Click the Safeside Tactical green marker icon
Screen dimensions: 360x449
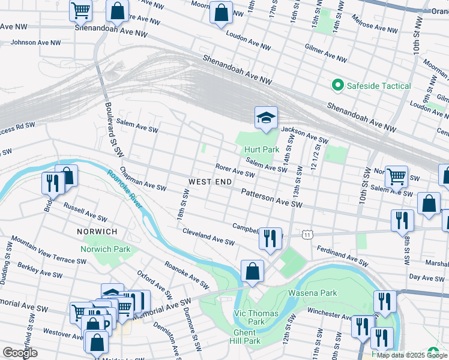click(337, 86)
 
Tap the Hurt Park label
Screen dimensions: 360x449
click(262, 149)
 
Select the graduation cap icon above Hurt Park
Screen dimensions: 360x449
click(265, 118)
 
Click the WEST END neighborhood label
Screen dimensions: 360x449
click(210, 181)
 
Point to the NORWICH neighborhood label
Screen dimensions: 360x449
click(97, 231)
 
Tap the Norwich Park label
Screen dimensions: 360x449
click(106, 248)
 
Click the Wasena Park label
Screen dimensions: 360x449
click(312, 292)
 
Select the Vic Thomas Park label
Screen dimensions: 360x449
click(256, 317)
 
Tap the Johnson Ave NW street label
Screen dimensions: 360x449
click(35, 43)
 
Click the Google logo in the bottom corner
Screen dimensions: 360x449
click(20, 353)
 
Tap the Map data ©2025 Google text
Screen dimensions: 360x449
click(412, 355)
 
